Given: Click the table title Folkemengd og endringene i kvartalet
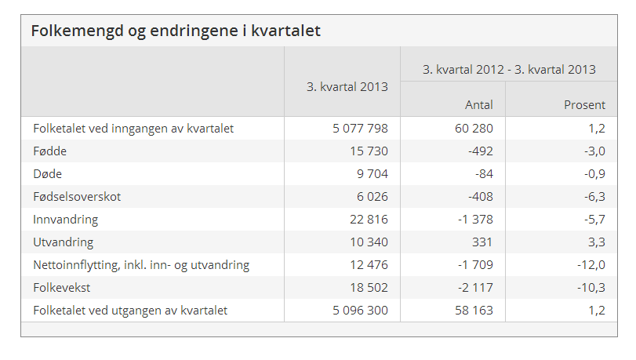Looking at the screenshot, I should pos(176,31).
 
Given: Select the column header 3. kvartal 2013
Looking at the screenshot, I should pos(347,87).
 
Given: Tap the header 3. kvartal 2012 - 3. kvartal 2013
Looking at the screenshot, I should pos(509,69).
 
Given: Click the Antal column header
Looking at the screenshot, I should pos(478,104).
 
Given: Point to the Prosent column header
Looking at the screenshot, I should pos(584,104).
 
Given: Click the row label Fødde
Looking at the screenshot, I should pos(50,151).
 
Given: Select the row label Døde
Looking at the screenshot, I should pos(47,174).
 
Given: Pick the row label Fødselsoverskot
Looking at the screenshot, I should pos(77,197).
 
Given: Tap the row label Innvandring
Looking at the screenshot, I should pos(65,220).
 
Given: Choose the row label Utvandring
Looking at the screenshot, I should pos(63,242).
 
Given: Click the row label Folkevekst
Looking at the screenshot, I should pos(61,288).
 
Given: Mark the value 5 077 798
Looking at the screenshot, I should pos(360,129).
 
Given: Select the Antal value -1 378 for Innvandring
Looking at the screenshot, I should pos(475,220).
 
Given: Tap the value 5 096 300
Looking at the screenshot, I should pos(360,311).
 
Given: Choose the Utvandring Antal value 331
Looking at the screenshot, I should pos(482,242).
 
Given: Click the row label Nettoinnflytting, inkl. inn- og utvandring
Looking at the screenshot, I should pos(141,265).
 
